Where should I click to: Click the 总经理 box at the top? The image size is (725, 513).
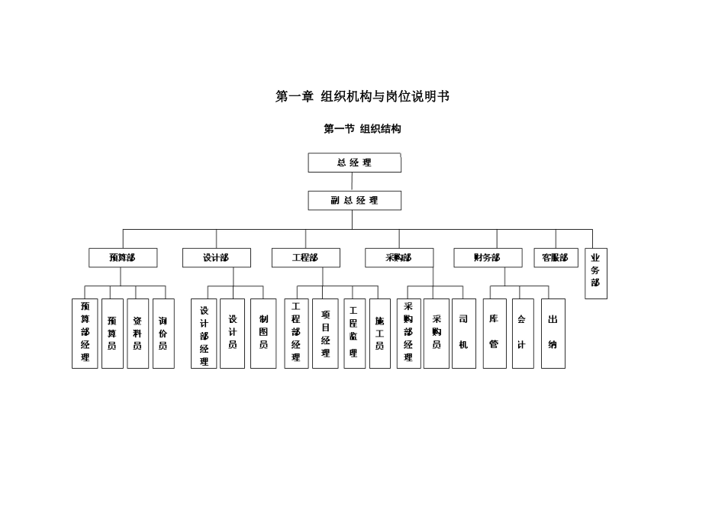coord(354,163)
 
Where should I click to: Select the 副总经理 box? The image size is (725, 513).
coord(354,200)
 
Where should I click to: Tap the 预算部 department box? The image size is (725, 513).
coord(122,258)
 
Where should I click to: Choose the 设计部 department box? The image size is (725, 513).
coord(216,258)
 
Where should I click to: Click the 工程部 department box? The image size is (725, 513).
coord(305,258)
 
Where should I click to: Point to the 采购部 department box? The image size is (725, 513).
coord(398,258)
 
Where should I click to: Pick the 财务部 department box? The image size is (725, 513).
coord(488,258)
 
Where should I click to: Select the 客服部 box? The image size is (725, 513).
coord(556,258)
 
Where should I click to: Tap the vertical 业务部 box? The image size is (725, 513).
coord(596,273)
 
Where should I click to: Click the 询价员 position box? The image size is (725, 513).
coord(163,334)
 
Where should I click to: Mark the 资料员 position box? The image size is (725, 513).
coord(137,334)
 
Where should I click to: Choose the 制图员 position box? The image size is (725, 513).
coord(263,334)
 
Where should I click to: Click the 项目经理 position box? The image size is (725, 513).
coord(325,334)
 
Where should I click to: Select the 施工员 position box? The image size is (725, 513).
coord(379,334)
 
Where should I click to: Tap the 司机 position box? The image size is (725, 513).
coord(463,334)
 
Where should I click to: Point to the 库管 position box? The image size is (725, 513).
coord(495,334)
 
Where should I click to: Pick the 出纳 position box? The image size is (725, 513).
coord(553,334)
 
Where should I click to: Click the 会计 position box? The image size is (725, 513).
coord(522,334)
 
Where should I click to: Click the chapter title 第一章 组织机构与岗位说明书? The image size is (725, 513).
coord(362,97)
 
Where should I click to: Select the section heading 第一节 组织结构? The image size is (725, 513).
coord(362,129)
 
